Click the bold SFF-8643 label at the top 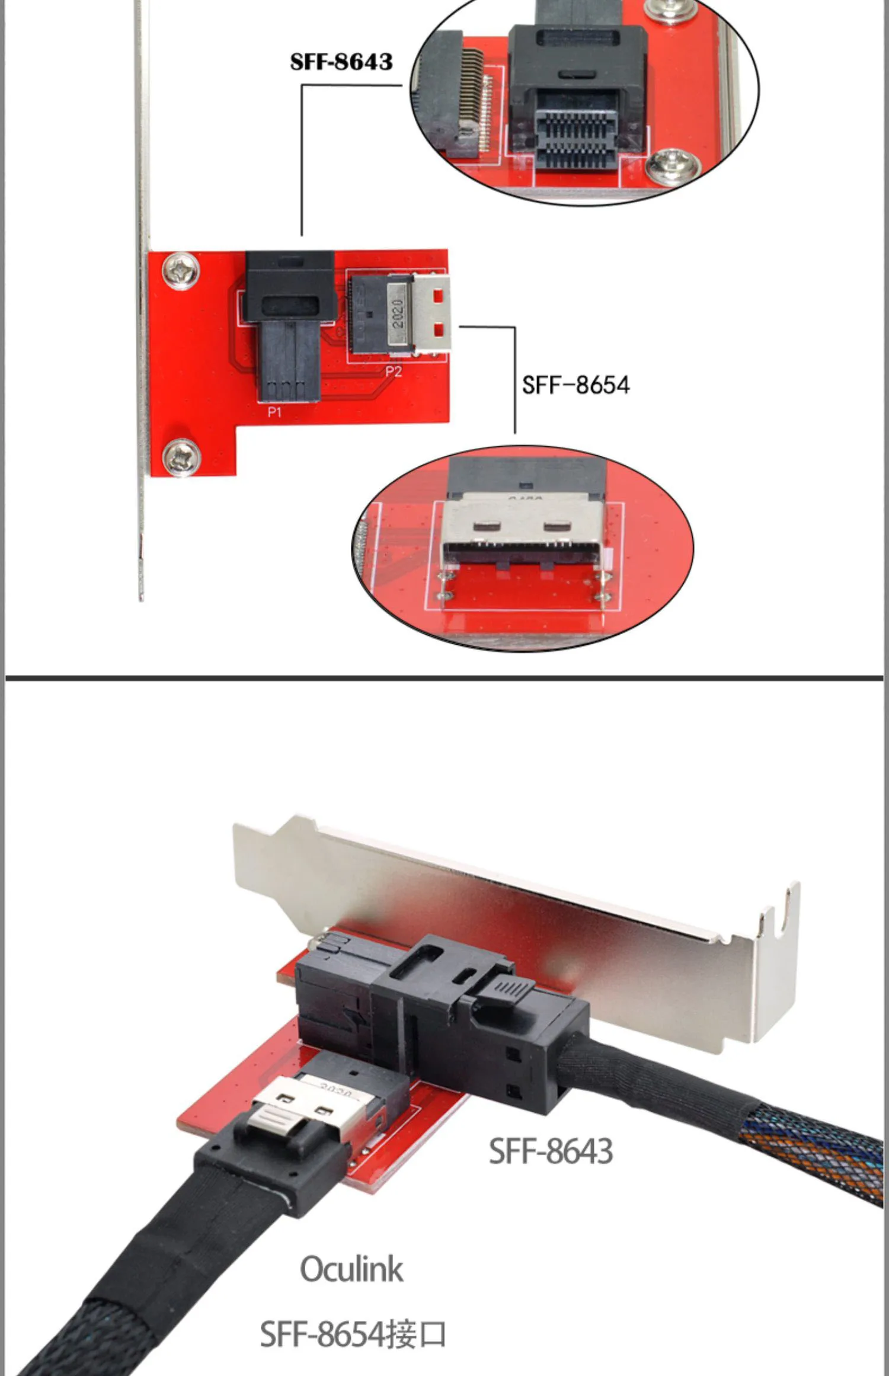click(x=341, y=62)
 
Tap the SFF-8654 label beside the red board click(x=575, y=385)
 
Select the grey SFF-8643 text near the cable click(x=551, y=1151)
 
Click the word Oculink click(x=351, y=1269)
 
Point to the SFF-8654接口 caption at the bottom click(x=353, y=1334)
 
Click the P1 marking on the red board click(x=274, y=412)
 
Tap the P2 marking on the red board click(x=393, y=372)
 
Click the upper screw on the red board click(x=181, y=271)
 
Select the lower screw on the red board click(x=181, y=457)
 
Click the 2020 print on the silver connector click(x=398, y=314)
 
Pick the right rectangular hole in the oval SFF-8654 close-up click(x=558, y=524)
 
